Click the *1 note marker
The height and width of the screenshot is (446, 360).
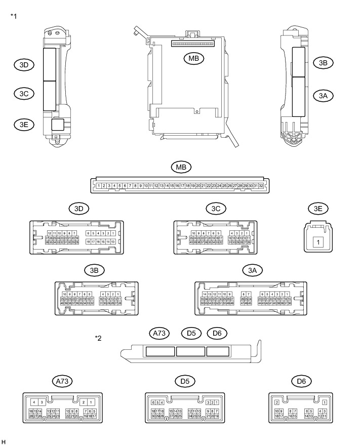point(14,16)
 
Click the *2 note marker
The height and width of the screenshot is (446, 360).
point(98,338)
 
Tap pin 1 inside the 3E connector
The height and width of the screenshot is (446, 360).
point(318,242)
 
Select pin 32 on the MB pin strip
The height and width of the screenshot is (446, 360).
point(261,186)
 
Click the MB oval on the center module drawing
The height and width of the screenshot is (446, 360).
point(193,59)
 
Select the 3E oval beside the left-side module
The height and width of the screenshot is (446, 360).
point(24,124)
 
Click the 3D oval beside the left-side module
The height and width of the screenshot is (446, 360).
point(24,64)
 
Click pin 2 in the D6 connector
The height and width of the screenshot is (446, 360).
point(277,402)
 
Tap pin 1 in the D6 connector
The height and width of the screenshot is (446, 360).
point(324,402)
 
